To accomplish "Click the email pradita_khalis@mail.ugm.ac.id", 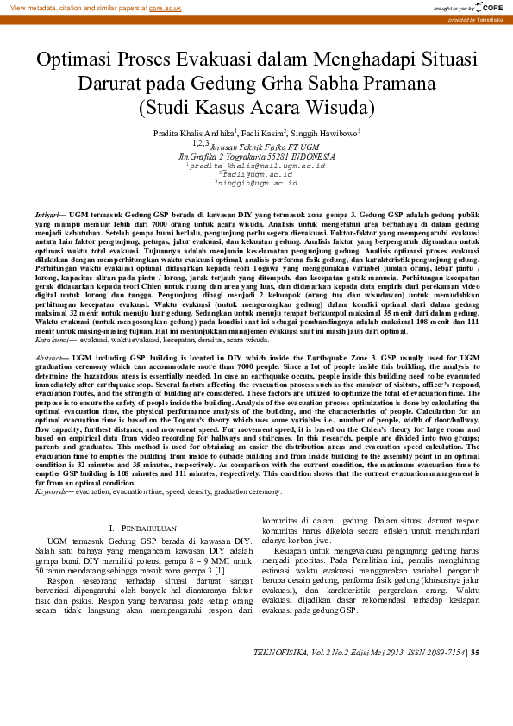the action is coord(258,165).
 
